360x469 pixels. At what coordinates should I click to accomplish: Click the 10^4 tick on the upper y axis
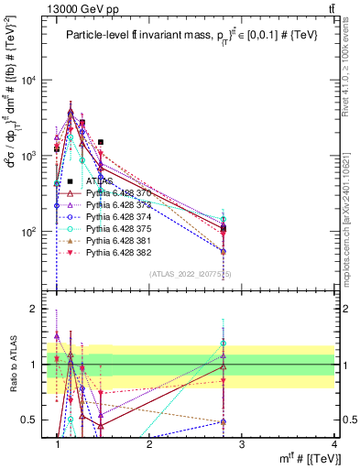36,80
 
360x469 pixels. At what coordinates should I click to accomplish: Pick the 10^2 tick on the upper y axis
36,232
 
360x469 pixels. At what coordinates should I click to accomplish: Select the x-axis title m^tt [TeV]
301,459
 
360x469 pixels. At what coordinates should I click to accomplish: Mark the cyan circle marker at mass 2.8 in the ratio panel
223,344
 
